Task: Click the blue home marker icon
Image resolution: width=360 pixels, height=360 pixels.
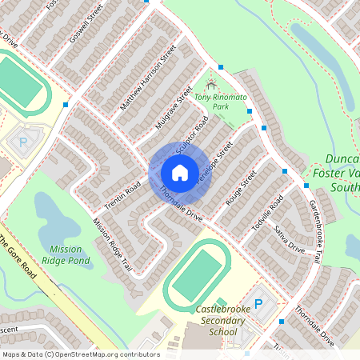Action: [179, 173]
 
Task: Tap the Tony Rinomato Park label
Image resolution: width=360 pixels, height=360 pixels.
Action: [221, 101]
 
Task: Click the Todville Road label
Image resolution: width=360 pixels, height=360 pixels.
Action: [266, 214]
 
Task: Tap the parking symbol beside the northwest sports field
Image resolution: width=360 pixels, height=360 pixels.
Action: [22, 142]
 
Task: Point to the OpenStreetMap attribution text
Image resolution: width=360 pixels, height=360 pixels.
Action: [80, 354]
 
